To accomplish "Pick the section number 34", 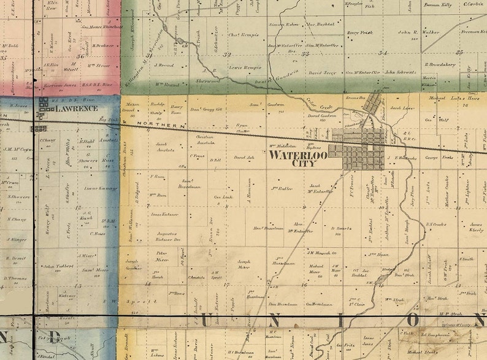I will click(x=383, y=53).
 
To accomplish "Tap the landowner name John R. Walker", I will click(x=419, y=32).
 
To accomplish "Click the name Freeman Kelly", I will click(x=437, y=5).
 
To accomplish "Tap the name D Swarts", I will click(x=341, y=228).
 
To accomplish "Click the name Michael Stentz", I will click(x=423, y=352).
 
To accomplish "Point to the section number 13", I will click(x=78, y=286).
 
